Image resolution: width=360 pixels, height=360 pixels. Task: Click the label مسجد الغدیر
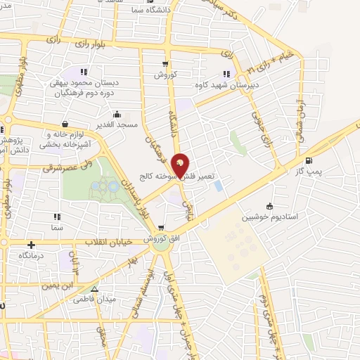(117, 124)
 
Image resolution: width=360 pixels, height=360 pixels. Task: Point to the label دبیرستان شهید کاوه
(227, 85)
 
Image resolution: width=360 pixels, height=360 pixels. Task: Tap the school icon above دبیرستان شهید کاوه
(226, 74)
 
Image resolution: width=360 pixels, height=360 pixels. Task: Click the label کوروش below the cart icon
(166, 74)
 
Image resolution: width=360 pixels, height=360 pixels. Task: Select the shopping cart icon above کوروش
(166, 63)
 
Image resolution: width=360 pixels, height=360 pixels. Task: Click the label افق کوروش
(160, 239)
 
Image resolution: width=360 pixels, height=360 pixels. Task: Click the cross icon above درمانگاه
(31, 245)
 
